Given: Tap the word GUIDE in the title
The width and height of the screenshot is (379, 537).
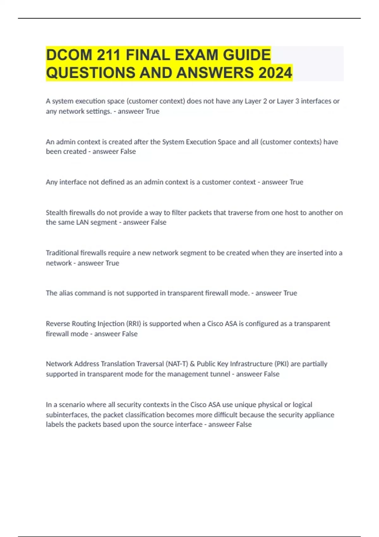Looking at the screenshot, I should (247, 55).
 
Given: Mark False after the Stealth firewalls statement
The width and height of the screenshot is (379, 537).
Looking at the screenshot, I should (159, 222).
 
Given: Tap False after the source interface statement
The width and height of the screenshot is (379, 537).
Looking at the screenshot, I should (244, 424).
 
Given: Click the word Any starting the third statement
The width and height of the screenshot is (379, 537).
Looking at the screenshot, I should (51, 182).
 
